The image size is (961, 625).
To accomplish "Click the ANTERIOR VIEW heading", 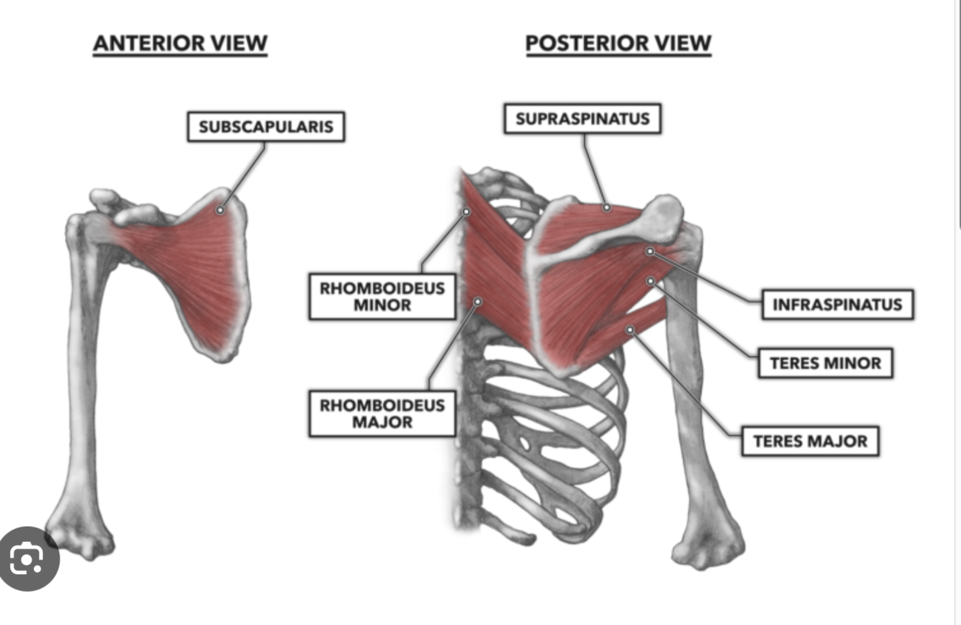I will (180, 43).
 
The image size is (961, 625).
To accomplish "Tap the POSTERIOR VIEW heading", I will (618, 43).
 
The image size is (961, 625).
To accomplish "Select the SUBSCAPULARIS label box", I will (266, 127).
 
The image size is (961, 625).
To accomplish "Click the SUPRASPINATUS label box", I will (582, 119).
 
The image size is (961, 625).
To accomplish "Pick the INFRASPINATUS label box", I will (837, 304).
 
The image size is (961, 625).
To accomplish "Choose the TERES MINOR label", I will (825, 363).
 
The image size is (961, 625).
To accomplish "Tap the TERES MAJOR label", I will (810, 441).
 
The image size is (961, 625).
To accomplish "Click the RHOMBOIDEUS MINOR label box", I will (382, 297).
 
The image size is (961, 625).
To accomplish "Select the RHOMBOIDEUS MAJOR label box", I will (382, 413).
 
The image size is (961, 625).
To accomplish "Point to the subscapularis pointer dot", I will (220, 210).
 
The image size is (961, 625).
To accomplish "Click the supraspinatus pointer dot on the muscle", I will (606, 208).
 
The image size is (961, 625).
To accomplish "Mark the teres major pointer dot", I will (630, 330).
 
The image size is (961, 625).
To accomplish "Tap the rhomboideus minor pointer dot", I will (466, 212).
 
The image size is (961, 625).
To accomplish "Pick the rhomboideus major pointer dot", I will (477, 301).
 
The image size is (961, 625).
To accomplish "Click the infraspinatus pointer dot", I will (650, 252).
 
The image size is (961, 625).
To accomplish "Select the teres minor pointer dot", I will (650, 281).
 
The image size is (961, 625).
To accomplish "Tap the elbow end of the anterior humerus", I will (80, 537).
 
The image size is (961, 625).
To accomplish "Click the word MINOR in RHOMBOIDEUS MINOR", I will (382, 305).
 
